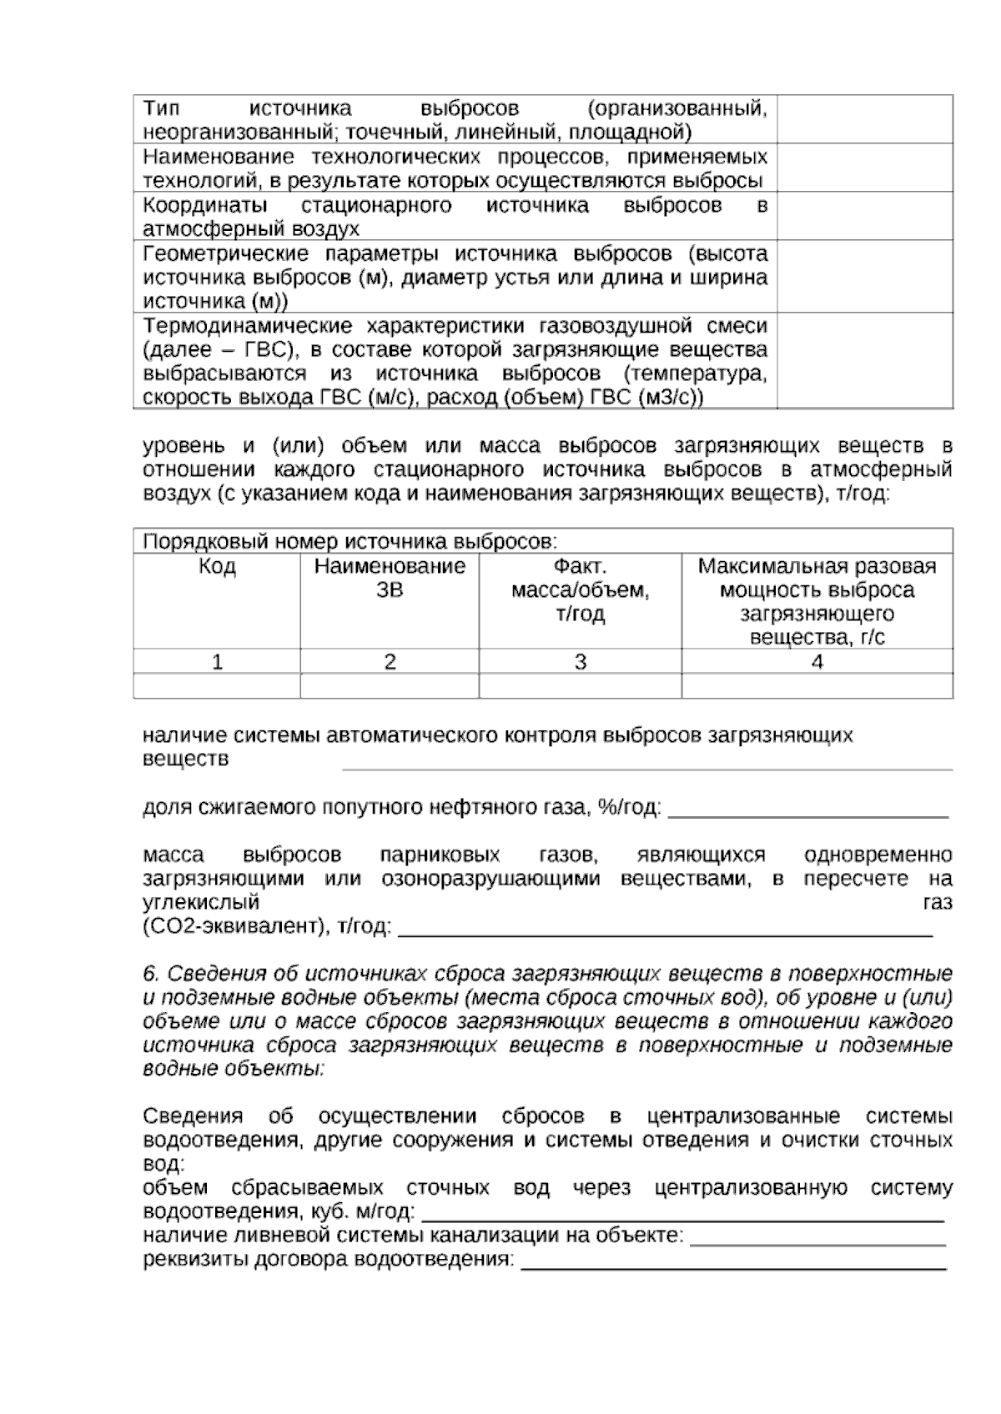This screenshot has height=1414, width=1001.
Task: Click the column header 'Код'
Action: (x=217, y=567)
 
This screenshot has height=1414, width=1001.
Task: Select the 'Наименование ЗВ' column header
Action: (x=390, y=578)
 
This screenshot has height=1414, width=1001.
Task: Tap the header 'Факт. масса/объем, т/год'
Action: (x=580, y=590)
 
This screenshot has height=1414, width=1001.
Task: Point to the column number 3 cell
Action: (x=580, y=662)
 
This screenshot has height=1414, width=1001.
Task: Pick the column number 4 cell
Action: (x=817, y=662)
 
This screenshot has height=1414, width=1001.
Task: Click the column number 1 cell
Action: (x=217, y=662)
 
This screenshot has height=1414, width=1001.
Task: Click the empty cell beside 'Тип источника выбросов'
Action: (x=865, y=119)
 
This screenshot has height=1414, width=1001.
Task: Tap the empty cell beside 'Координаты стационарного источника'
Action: (x=865, y=216)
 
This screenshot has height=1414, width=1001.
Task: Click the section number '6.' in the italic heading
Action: (x=150, y=974)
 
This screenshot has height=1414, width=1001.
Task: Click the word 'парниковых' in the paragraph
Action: (x=440, y=855)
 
